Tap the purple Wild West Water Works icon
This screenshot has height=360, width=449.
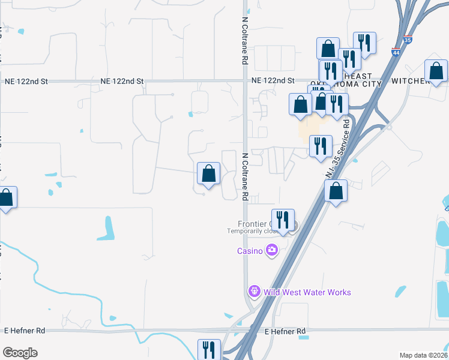(254, 292)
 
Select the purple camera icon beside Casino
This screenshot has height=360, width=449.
(272, 250)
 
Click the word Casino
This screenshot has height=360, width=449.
(250, 251)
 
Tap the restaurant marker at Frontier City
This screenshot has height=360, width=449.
(283, 220)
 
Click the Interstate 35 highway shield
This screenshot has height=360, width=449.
(408, 40)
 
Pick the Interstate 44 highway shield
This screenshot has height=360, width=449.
(396, 53)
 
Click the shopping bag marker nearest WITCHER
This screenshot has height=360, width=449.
(436, 71)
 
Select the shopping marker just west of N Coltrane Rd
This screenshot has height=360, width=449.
(208, 174)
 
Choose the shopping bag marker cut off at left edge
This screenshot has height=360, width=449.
(6, 198)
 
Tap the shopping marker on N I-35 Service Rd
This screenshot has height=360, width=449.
(336, 191)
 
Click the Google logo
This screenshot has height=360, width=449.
(20, 353)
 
